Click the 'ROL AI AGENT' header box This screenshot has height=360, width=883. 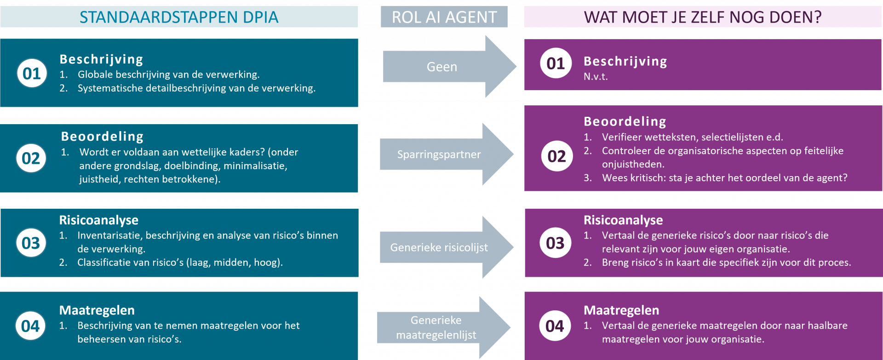pos(444,17)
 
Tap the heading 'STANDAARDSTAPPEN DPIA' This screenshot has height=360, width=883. pos(179,17)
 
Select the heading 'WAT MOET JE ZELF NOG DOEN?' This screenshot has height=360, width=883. pos(702,17)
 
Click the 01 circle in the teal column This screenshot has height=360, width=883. pos(32,73)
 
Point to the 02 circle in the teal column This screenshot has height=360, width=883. pos(31,158)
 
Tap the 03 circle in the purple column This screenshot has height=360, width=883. pos(555,243)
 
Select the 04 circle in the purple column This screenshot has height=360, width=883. pos(555,326)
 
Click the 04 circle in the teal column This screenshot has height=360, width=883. pos(30,326)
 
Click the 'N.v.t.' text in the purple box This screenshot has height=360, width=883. pos(596,77)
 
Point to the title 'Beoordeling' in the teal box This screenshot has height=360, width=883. pos(102,136)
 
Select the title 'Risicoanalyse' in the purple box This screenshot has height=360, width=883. pos(623,220)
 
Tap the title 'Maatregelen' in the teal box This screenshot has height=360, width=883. pos(97,310)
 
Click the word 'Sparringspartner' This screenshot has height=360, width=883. pos(439,154)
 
